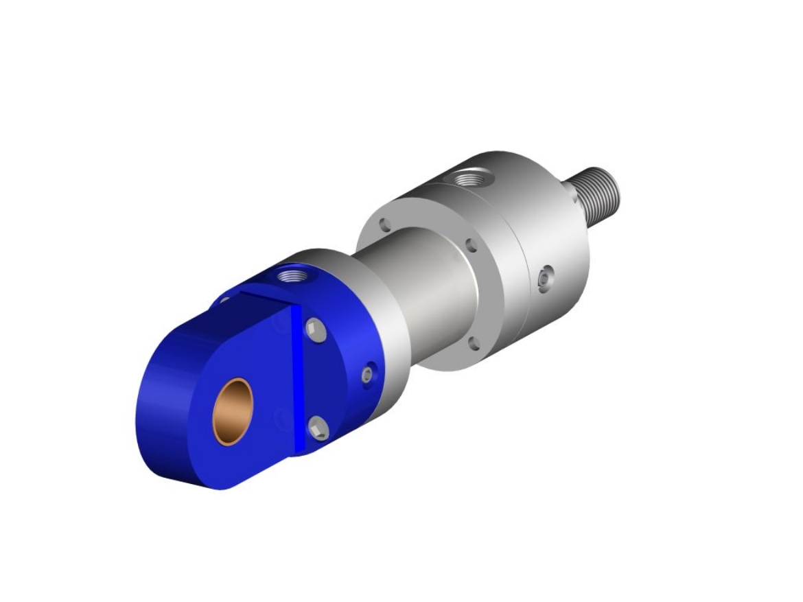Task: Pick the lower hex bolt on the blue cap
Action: click(318, 428)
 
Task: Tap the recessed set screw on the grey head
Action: click(544, 279)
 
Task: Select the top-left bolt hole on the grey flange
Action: click(385, 224)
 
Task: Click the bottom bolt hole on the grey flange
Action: click(472, 342)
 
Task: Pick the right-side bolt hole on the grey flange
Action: click(470, 246)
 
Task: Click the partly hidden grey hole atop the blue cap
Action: click(225, 300)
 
